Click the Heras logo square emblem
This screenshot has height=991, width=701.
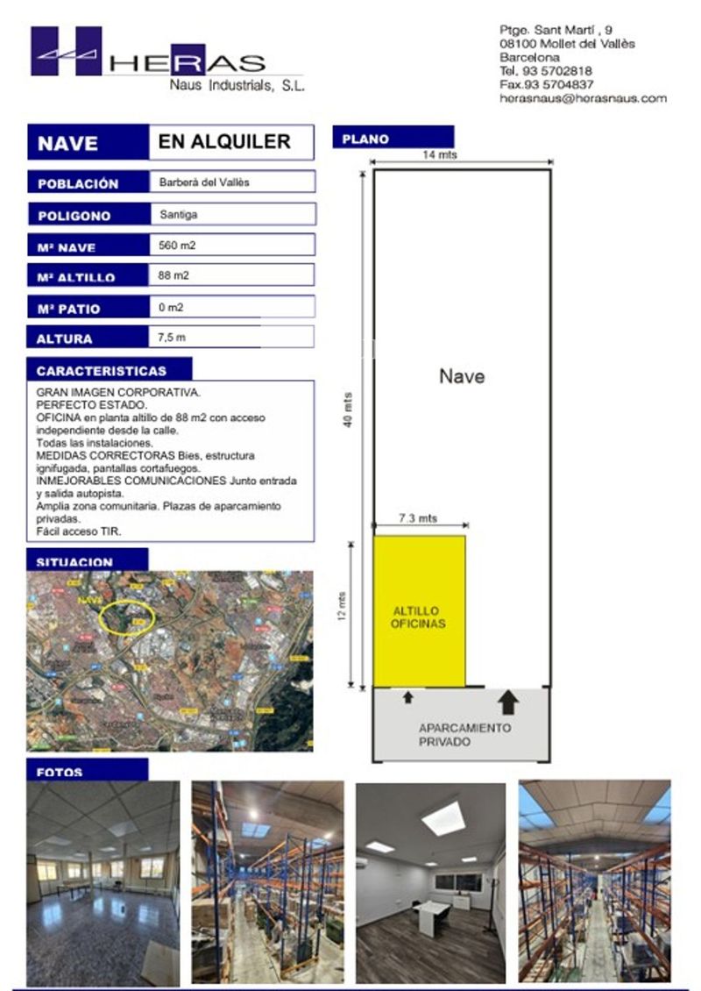pyautogui.click(x=67, y=51)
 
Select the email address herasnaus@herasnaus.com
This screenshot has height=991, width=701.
pyautogui.click(x=583, y=99)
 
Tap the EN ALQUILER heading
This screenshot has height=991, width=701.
pyautogui.click(x=224, y=142)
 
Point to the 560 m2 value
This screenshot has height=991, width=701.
pyautogui.click(x=178, y=246)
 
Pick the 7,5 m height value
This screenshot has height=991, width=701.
pyautogui.click(x=172, y=337)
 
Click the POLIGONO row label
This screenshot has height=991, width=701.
pyautogui.click(x=74, y=216)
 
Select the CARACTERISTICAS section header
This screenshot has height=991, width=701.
pyautogui.click(x=101, y=371)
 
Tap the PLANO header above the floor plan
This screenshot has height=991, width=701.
pyautogui.click(x=365, y=139)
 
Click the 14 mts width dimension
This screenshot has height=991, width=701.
pyautogui.click(x=440, y=154)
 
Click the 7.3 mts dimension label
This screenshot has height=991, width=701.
pyautogui.click(x=418, y=519)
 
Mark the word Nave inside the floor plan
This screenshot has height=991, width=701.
pyautogui.click(x=462, y=377)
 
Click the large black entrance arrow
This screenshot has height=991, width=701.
pyautogui.click(x=507, y=701)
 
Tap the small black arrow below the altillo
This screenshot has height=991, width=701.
pyautogui.click(x=407, y=698)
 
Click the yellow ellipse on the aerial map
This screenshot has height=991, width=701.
pyautogui.click(x=128, y=617)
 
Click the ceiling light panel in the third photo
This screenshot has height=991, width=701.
pyautogui.click(x=443, y=819)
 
